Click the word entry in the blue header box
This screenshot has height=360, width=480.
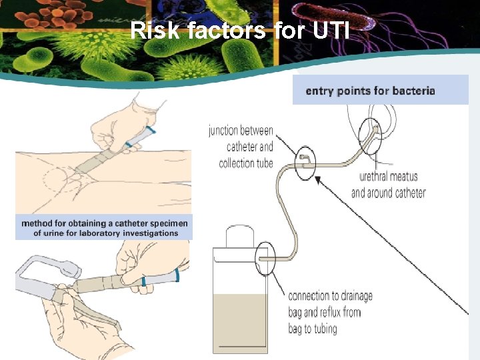[x=319, y=91]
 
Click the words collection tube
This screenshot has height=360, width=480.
[x=246, y=163]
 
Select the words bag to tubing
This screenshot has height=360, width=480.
[x=313, y=328]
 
